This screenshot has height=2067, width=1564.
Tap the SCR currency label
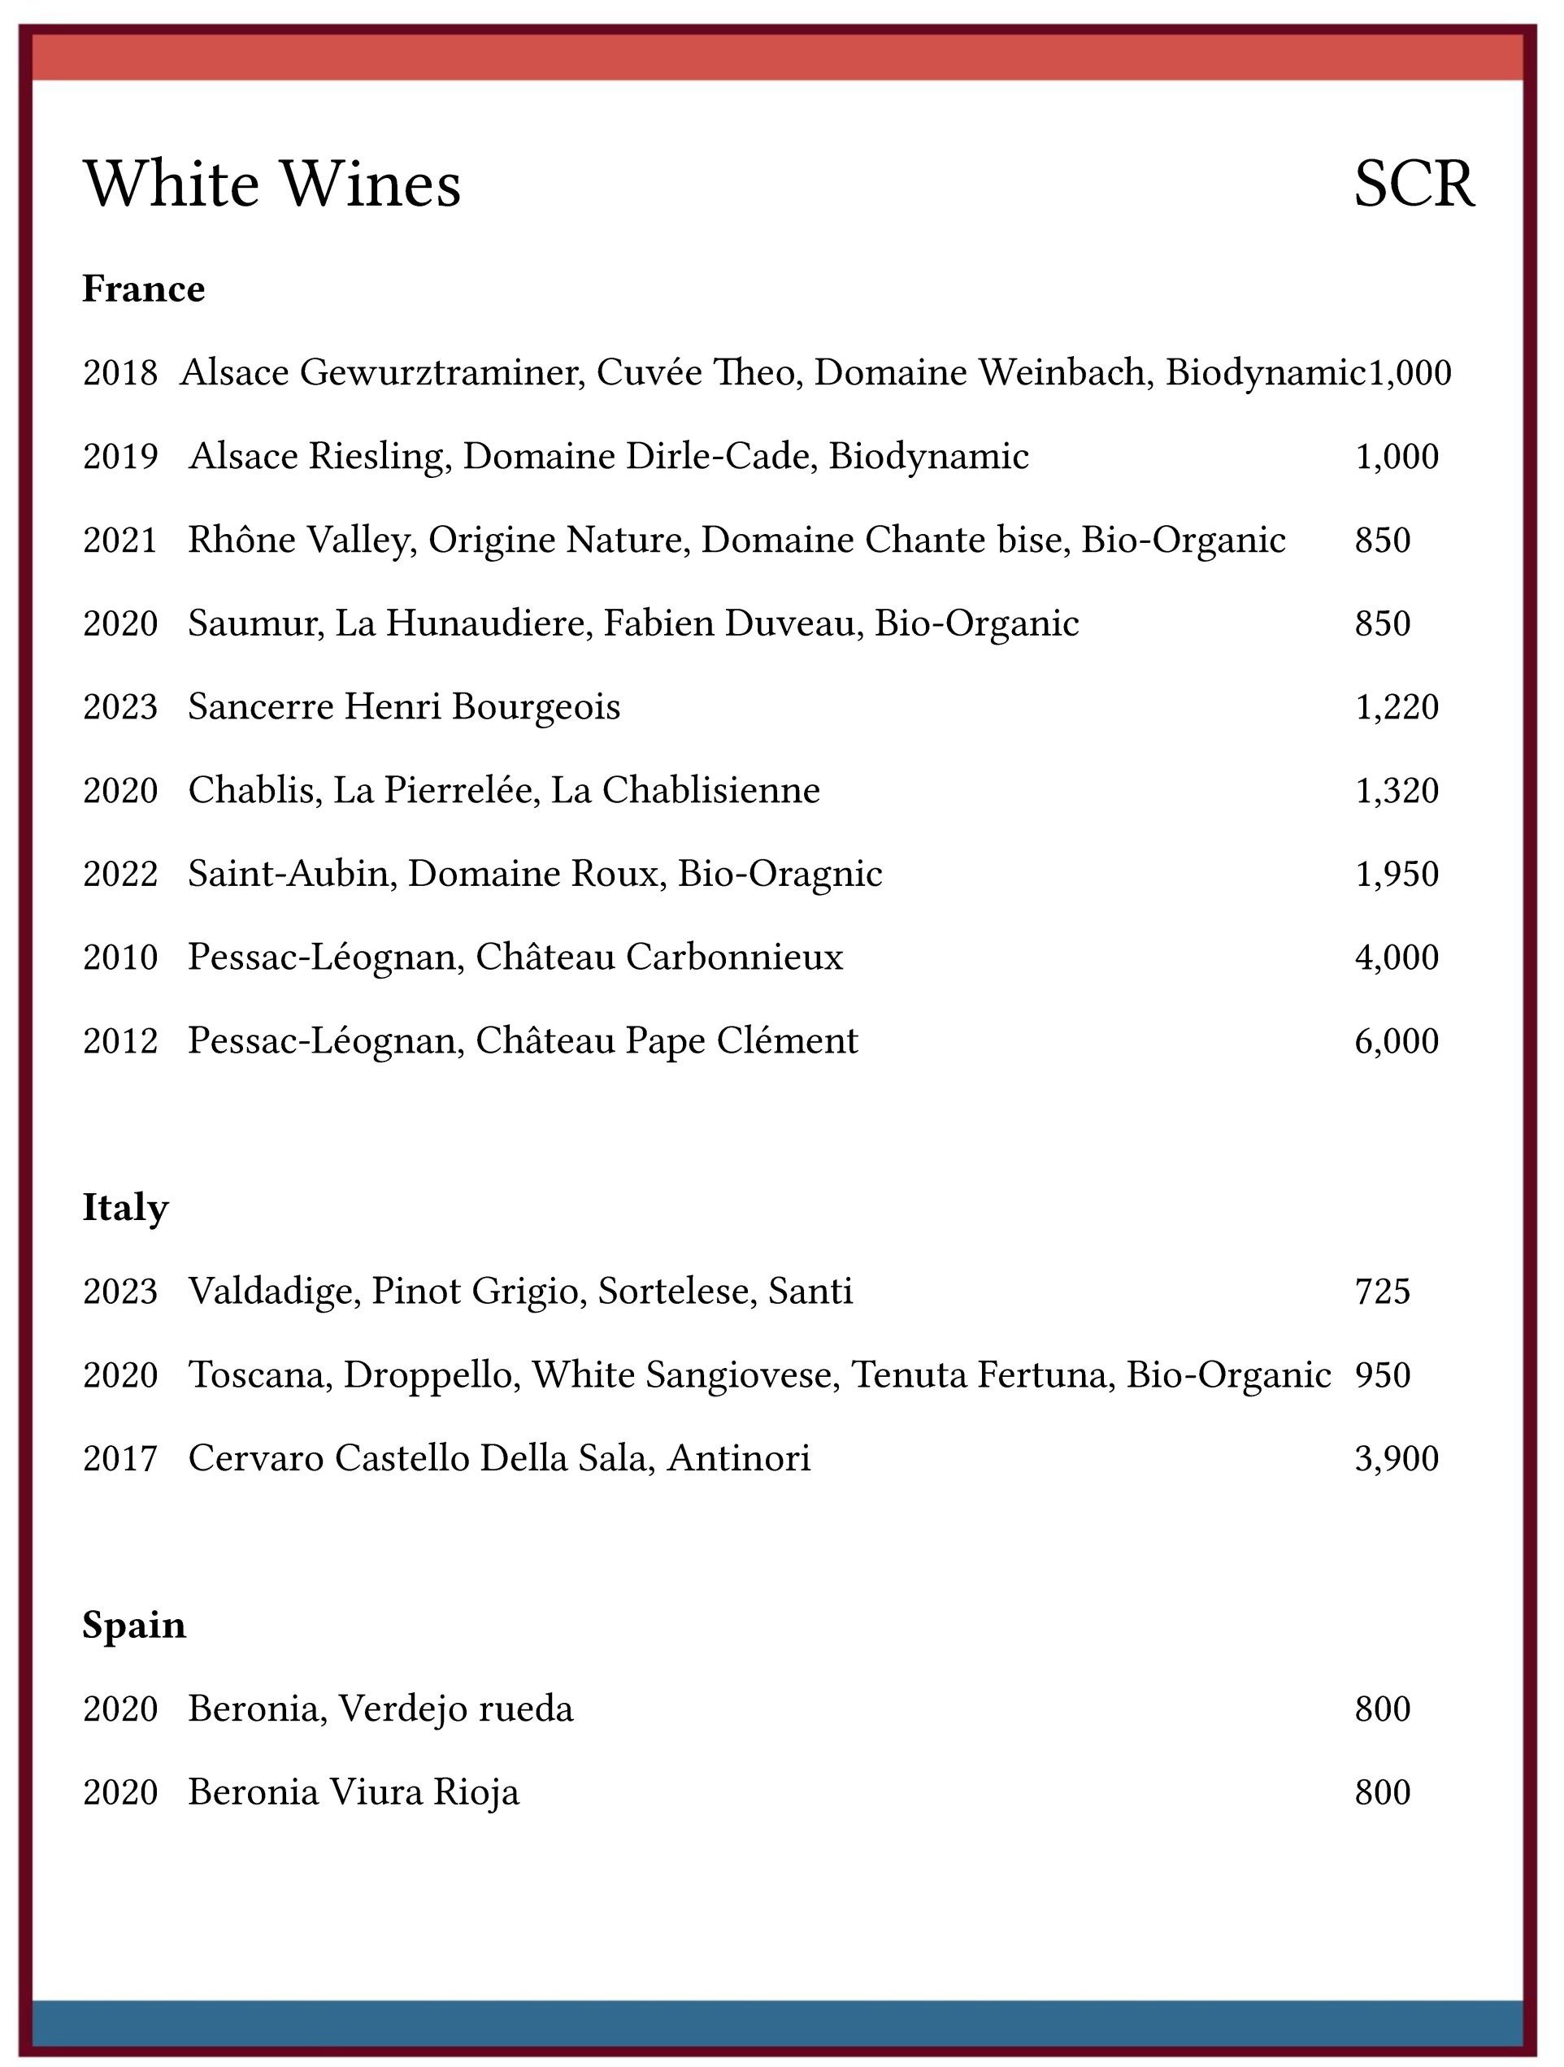point(1414,184)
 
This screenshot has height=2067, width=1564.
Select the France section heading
point(144,289)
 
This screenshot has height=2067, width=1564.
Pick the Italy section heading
point(125,1207)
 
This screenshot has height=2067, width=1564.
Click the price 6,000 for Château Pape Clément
point(1397,1041)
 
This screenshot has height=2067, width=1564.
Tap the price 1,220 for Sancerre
point(1397,707)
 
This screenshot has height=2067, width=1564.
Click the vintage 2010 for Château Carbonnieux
point(120,958)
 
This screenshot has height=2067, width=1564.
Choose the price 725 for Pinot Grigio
point(1383,1292)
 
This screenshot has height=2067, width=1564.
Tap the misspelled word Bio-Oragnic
point(780,874)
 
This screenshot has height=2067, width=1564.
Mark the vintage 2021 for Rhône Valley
point(120,540)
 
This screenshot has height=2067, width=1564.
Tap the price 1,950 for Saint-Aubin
point(1397,874)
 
